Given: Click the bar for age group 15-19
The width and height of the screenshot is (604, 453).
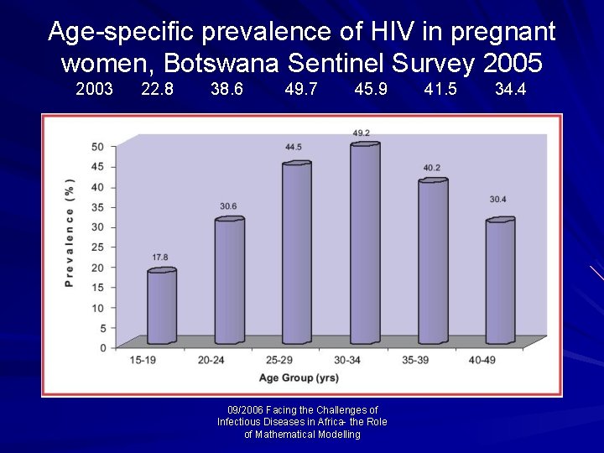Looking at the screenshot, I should coord(162,306).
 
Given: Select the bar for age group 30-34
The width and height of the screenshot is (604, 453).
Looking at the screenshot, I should coord(364,243).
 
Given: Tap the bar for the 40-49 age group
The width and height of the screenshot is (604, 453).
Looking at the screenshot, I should coord(500,281).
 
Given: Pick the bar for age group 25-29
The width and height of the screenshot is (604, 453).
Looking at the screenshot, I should coord(296,252).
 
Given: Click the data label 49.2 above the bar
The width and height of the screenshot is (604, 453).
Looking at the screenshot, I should coord(362,133).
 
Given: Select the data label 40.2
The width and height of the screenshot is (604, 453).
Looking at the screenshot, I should coord(431,168).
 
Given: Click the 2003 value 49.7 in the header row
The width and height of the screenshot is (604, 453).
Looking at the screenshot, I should coord(301,89).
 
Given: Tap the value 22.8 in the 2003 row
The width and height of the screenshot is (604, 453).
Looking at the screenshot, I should coord(158,89).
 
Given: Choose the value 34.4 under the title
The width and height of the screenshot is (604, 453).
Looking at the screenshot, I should coord(510,89).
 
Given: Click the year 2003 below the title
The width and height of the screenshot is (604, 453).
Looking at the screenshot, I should coord(94,89).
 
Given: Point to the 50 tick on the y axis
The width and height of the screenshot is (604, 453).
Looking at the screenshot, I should coord(97,147).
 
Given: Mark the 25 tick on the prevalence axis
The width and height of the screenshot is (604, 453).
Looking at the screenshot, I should coord(97,247).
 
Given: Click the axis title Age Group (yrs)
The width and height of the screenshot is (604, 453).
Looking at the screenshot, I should coord(299,378).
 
